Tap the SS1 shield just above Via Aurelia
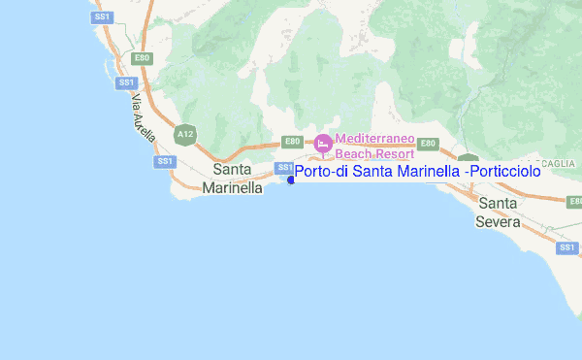(x=124, y=82)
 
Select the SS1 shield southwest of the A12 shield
(x=165, y=160)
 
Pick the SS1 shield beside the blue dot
(x=285, y=168)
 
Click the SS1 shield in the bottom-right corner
(x=566, y=247)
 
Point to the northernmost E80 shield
(x=143, y=58)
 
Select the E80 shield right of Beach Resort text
(x=428, y=143)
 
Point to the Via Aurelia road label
(x=143, y=119)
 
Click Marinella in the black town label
(x=233, y=188)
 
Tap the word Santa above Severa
(x=498, y=204)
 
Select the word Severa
(x=498, y=221)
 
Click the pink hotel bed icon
(x=322, y=145)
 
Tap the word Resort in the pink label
(x=395, y=153)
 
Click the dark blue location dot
(x=291, y=180)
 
